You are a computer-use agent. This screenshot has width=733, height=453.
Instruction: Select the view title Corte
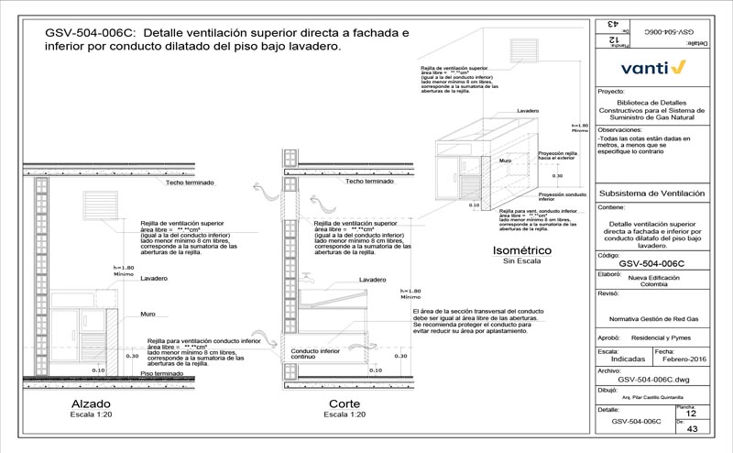[345, 403]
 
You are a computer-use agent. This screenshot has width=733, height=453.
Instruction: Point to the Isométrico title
[520, 249]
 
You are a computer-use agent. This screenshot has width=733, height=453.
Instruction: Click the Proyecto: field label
[610, 92]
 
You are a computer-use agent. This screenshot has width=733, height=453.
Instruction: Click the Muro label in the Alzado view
[148, 314]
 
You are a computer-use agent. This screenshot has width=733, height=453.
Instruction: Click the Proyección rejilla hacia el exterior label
[557, 155]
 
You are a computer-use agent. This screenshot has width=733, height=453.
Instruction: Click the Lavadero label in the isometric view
[527, 110]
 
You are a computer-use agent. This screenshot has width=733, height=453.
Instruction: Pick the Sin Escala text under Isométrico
[519, 261]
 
